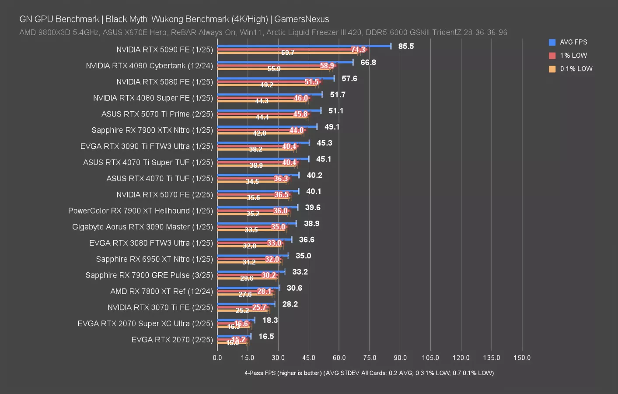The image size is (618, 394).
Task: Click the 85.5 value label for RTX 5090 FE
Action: (x=406, y=46)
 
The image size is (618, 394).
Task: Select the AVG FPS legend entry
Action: (x=573, y=42)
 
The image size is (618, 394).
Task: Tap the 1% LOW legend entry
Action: (x=573, y=56)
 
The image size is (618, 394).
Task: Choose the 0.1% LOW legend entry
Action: (x=576, y=69)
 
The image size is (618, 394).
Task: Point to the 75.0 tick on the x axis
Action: (x=370, y=358)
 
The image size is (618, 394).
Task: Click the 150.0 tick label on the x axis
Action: (x=522, y=358)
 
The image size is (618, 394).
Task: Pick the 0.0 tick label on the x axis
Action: (x=217, y=358)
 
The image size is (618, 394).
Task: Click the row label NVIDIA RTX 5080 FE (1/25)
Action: (x=164, y=82)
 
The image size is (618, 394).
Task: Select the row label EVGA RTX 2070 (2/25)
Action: (x=172, y=340)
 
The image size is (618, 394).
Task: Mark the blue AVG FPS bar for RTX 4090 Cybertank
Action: (x=284, y=62)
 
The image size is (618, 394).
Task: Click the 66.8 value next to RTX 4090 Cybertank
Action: (x=368, y=63)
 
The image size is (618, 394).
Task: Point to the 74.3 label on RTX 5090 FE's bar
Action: (x=358, y=50)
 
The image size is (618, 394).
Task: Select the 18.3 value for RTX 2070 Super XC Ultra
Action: (x=270, y=320)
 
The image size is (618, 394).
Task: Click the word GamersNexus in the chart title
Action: (x=301, y=19)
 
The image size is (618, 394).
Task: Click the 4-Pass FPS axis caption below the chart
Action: (x=369, y=373)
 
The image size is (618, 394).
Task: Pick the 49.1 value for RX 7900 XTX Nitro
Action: (x=332, y=127)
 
